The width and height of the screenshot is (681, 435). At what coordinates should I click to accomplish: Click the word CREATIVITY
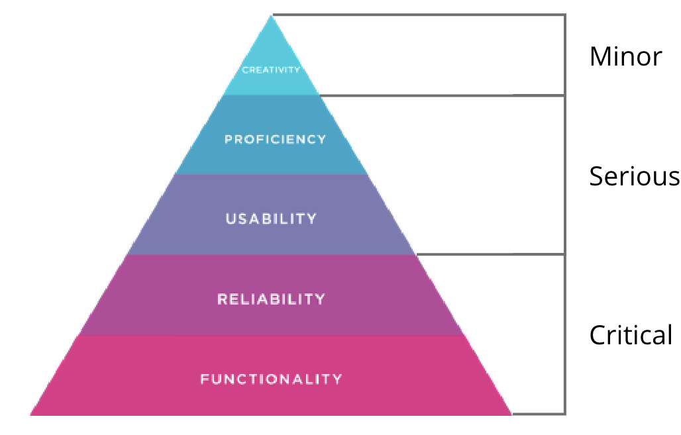tap(271, 70)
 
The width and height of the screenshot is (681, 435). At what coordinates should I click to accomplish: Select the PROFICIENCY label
tap(275, 140)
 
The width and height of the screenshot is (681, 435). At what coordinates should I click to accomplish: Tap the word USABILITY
tap(271, 219)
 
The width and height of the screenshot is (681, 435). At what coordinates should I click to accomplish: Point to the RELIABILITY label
tap(271, 299)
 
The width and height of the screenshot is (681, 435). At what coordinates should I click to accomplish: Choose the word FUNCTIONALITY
tap(271, 379)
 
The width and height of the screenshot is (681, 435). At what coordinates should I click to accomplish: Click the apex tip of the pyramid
tap(271, 15)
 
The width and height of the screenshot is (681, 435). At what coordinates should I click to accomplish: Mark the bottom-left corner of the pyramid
tap(31, 414)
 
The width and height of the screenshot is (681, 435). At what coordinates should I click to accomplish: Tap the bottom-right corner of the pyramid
tap(511, 414)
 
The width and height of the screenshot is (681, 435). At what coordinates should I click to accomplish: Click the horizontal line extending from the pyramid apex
tap(411, 15)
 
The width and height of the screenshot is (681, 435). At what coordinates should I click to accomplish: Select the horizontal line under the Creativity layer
tap(437, 95)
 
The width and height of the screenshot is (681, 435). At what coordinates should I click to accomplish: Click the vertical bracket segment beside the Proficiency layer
tap(564, 173)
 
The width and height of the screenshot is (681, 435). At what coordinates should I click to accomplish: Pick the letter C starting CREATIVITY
tap(244, 70)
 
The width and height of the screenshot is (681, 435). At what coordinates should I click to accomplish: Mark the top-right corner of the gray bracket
tap(564, 15)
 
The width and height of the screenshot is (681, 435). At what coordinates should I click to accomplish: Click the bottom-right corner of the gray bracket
tap(564, 414)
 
